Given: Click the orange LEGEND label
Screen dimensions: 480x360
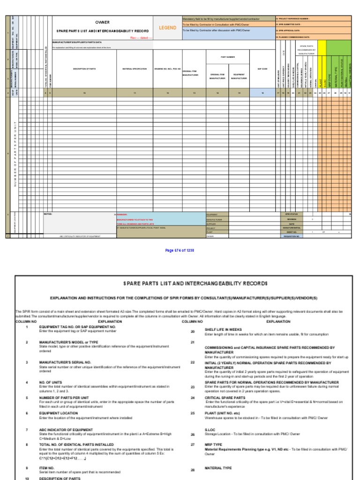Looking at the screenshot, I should tap(167, 28).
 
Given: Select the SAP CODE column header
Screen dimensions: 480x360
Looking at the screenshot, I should tap(262, 68).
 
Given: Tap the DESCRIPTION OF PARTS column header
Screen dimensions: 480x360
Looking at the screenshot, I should tap(84, 68).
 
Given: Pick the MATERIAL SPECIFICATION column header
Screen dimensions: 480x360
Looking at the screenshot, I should tap(135, 68).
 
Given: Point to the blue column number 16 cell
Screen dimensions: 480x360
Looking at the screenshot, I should tap(262, 93).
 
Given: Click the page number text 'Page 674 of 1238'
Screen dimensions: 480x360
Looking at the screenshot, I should tap(180, 250).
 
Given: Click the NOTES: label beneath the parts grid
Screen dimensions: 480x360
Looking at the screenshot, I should tap(47, 214).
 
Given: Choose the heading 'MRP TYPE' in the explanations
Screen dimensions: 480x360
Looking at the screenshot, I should tap(212, 443).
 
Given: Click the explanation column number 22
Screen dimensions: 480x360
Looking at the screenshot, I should tap(192, 362).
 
